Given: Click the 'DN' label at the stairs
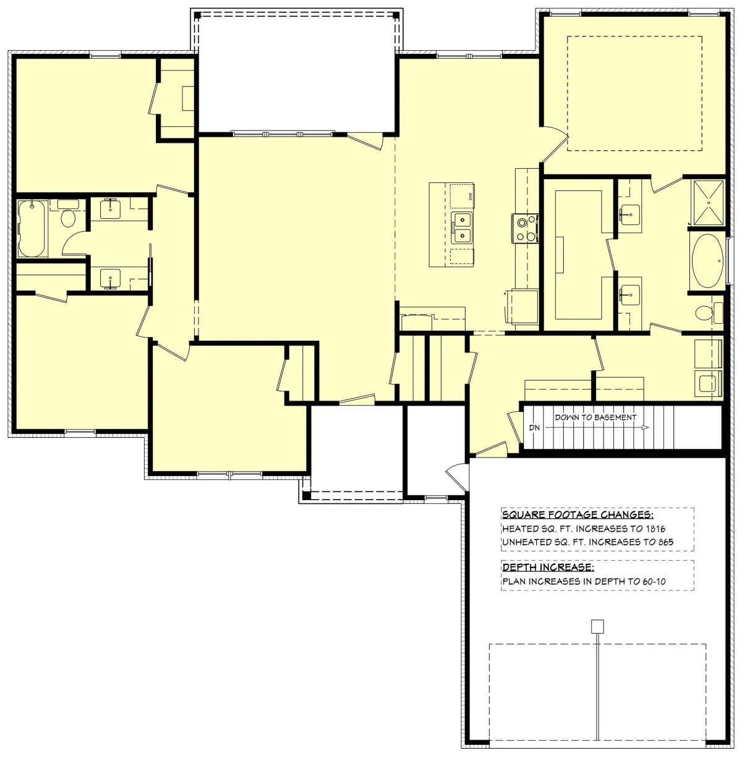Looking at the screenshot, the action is (534, 428).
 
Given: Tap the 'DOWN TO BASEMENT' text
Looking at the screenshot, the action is (595, 417).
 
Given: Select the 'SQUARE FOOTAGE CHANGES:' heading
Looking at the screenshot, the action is (578, 515).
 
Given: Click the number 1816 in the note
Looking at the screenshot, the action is (656, 529).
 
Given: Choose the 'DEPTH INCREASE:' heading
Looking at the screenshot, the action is (548, 567).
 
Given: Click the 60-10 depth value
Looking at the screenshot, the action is (654, 581).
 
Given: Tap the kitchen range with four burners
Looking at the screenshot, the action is (525, 228).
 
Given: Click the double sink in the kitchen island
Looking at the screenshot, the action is (462, 229).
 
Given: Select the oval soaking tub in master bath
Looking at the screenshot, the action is (707, 261).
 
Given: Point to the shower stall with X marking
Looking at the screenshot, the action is (708, 203).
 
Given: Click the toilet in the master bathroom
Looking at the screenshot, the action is (709, 313).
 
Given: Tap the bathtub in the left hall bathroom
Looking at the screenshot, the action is (32, 229).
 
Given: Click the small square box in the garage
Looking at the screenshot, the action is (597, 627).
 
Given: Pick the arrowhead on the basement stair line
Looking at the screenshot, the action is (645, 428).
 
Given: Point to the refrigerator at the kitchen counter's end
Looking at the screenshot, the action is (522, 307).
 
